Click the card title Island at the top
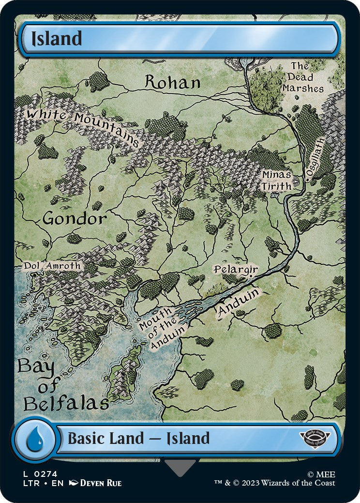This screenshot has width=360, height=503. (x=57, y=39)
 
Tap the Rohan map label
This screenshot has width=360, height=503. (x=173, y=82)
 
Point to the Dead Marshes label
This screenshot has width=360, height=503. (x=303, y=77)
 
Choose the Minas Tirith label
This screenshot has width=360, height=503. (x=277, y=180)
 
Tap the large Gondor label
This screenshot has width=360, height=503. (x=75, y=219)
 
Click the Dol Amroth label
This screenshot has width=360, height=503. (x=52, y=266)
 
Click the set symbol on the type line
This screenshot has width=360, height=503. (x=315, y=439)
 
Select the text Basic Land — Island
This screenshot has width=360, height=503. (x=138, y=439)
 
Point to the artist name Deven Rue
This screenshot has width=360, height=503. (x=100, y=483)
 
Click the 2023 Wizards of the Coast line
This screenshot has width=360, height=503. (x=275, y=483)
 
